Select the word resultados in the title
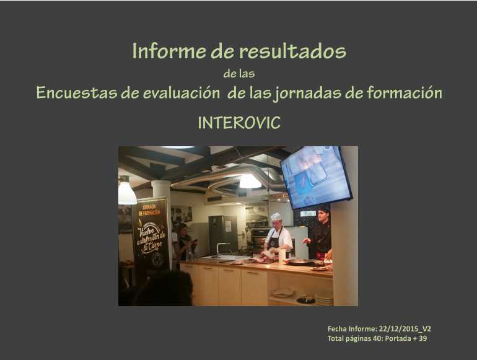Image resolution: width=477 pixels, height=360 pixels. pos(292,51)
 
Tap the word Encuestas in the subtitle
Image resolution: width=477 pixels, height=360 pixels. pos(76,92)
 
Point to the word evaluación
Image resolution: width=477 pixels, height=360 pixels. pos(182,92)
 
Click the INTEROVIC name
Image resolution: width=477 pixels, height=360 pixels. pos(239,123)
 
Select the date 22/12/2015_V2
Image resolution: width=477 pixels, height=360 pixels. pos(405,328)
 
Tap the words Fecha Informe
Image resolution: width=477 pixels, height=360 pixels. pos(352,328)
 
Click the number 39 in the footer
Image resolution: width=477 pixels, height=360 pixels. pos(422,338)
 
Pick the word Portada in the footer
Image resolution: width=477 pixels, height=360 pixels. pos(398,338)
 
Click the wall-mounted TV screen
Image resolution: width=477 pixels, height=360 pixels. pos(317,177)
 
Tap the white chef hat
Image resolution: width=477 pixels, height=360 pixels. pos(276,216)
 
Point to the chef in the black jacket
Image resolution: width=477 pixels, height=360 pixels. pos(320,234)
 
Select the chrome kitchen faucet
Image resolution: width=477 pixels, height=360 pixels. pos(221,249)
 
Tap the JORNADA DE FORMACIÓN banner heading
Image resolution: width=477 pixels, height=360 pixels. pos(149,209)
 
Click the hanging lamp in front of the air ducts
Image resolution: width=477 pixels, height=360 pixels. pos(250,182)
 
